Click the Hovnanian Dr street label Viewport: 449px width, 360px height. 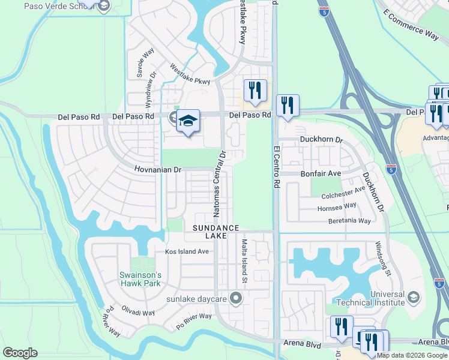click(x=157, y=170)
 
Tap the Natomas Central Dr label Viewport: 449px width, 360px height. click(x=218, y=183)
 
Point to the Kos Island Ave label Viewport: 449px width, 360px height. click(x=187, y=251)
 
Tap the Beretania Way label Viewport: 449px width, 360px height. click(x=349, y=221)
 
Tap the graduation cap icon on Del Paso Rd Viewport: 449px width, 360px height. click(x=188, y=120)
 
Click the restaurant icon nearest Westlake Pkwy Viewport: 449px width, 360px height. click(x=255, y=90)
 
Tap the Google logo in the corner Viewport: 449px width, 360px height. click(x=20, y=353)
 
